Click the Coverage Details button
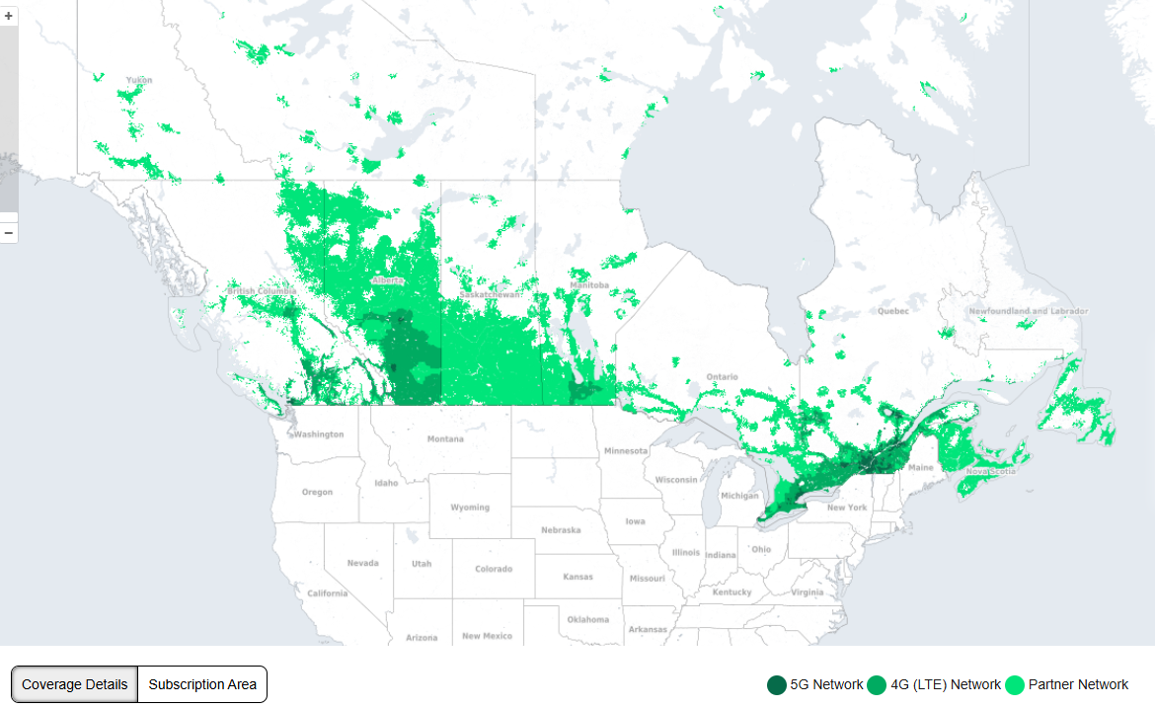(x=74, y=684)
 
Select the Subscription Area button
(x=202, y=684)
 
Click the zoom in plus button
(x=9, y=17)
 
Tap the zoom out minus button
(x=9, y=233)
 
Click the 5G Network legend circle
(x=777, y=684)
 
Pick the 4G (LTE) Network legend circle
(x=877, y=684)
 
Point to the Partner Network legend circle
(x=1015, y=684)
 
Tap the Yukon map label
(x=139, y=80)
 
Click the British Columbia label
(x=262, y=291)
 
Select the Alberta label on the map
(x=387, y=280)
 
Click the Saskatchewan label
(x=490, y=295)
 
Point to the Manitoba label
(x=589, y=285)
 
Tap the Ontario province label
(x=722, y=377)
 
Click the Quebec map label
(x=893, y=311)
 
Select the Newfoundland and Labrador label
(x=1028, y=311)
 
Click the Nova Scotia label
(x=990, y=471)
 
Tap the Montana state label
(x=445, y=439)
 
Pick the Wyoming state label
(x=470, y=508)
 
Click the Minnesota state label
(x=625, y=451)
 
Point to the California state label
(x=327, y=593)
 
